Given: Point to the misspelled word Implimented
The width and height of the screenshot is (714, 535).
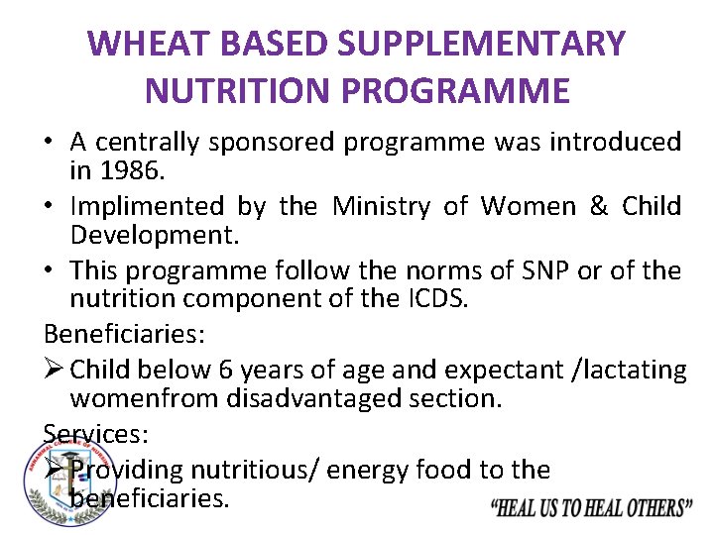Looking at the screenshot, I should pyautogui.click(x=148, y=206).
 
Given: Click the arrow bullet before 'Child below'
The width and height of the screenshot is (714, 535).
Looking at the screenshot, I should pyautogui.click(x=54, y=371).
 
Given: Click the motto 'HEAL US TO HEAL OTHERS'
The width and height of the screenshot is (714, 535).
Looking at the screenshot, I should pyautogui.click(x=592, y=508).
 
